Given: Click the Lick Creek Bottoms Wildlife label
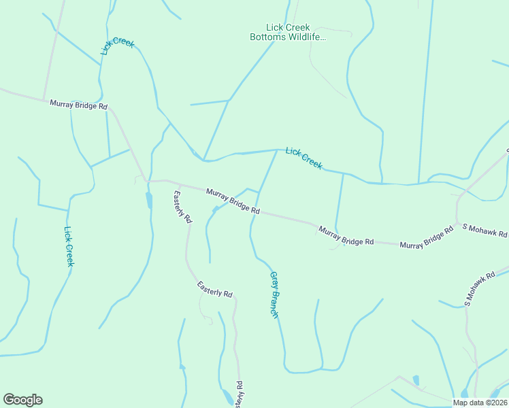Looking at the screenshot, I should point(288,32).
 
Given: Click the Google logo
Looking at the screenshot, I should point(22,400).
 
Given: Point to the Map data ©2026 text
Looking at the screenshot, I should point(480,402).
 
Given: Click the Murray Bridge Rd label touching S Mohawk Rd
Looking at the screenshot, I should point(426,238).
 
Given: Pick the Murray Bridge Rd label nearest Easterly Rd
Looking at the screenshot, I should point(233,202).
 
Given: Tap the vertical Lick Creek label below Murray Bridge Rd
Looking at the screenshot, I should point(68,246).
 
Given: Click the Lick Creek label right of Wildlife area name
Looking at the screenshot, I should point(303,158).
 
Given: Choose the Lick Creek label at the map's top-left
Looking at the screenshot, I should point(118,46).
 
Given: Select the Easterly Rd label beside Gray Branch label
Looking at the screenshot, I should point(215,289).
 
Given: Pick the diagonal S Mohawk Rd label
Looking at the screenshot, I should point(487,286).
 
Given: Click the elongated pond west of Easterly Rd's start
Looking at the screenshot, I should point(149,200).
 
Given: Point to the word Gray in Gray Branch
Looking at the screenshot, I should point(274,281).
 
